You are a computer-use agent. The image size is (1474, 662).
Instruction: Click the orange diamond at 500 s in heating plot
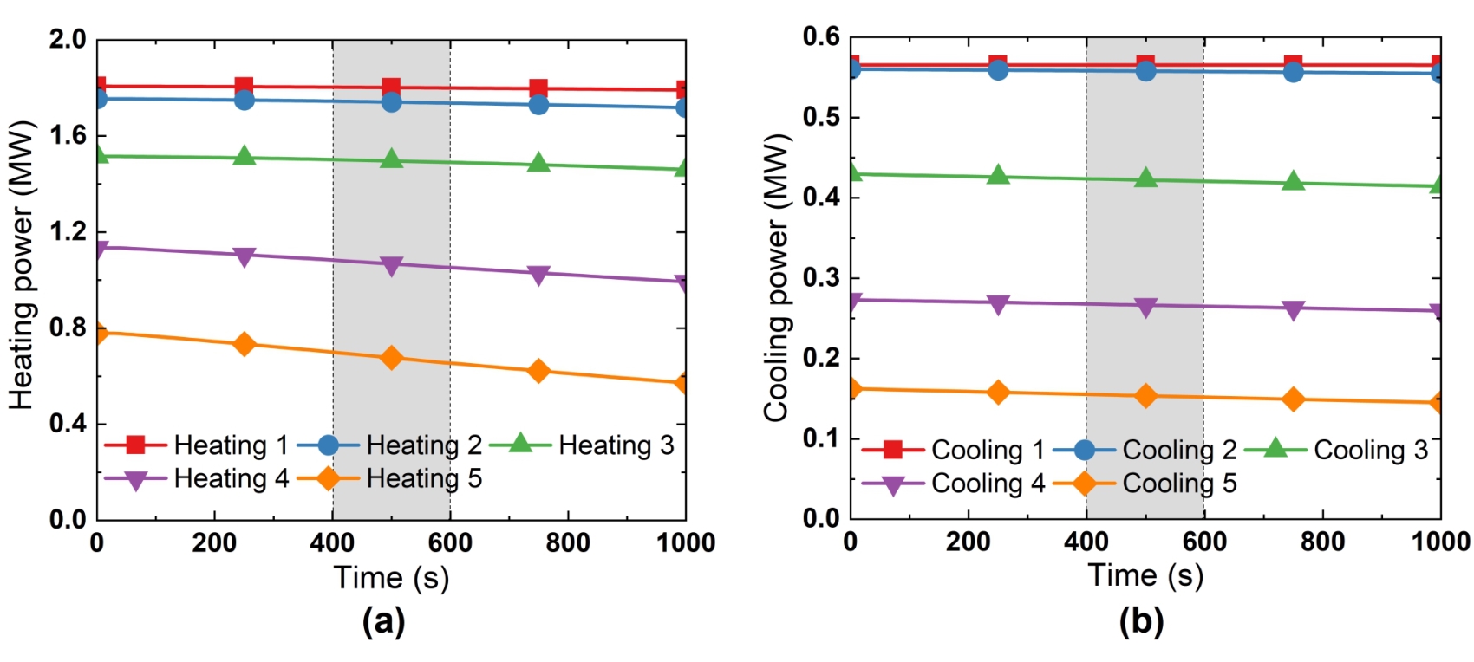pos(392,358)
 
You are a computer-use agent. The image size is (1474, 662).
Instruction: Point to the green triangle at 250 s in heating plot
pos(245,157)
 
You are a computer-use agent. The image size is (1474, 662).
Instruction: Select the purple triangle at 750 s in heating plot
pos(538,276)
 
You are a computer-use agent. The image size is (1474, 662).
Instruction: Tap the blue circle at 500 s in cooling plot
pos(1145,70)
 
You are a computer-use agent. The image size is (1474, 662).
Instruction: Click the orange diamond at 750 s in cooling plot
pos(1293,399)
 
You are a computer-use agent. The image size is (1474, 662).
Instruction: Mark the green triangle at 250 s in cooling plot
pos(998,176)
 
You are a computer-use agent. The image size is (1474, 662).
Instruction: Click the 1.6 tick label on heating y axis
pos(67,135)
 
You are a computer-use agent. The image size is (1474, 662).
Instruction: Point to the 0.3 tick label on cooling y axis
pos(820,278)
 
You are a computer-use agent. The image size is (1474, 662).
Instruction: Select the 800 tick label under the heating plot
pos(568,543)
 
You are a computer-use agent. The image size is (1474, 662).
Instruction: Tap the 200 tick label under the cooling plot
pos(968,542)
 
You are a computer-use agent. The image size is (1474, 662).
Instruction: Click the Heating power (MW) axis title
pos(21,265)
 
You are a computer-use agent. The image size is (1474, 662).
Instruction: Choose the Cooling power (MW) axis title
pos(776,277)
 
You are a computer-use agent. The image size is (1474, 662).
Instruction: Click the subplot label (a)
pos(383,621)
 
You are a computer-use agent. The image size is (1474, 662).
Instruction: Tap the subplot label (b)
pos(1141,621)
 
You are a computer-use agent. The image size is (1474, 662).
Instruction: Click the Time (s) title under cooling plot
pos(1145,575)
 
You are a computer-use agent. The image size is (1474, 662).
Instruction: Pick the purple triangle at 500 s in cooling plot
pos(1145,308)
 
